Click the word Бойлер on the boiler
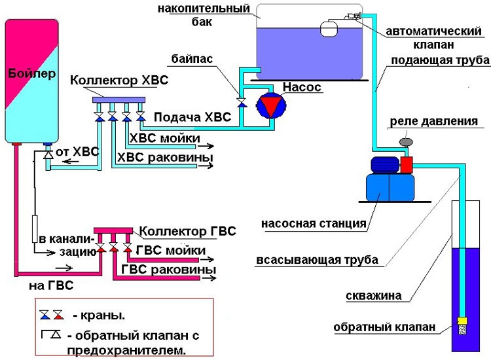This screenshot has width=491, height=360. pyautogui.click(x=32, y=74)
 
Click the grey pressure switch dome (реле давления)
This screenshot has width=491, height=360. pyautogui.click(x=407, y=142)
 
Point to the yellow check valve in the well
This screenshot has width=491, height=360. pyautogui.click(x=462, y=321)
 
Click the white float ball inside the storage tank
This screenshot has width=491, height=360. pyautogui.click(x=329, y=28)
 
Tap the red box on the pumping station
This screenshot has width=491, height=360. pyautogui.click(x=407, y=165)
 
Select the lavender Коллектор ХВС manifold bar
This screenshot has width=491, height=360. pyautogui.click(x=118, y=100)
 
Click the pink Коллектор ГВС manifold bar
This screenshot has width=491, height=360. pyautogui.click(x=113, y=230)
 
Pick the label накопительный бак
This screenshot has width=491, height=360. pyautogui.click(x=204, y=14)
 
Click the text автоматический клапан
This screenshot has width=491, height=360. pyautogui.click(x=433, y=38)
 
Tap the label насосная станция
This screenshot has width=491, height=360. pyautogui.click(x=314, y=223)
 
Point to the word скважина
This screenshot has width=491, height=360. pyautogui.click(x=374, y=295)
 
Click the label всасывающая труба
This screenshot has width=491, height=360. pyautogui.click(x=317, y=260)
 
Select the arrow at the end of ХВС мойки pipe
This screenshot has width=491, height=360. pyautogui.click(x=207, y=146)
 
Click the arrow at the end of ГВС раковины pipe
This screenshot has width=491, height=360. pyautogui.click(x=208, y=278)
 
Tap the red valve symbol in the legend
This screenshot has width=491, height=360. pyautogui.click(x=58, y=315)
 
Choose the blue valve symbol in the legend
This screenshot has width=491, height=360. pyautogui.click(x=45, y=315)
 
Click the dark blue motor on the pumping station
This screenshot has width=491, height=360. pyautogui.click(x=385, y=165)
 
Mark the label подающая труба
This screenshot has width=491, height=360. pyautogui.click(x=441, y=60)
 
